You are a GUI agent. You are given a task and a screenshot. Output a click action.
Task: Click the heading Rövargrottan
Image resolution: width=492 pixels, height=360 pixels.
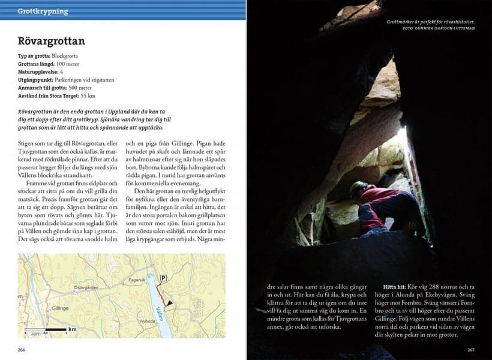51,41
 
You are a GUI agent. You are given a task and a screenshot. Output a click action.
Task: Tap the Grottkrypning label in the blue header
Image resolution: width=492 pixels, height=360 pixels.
43,11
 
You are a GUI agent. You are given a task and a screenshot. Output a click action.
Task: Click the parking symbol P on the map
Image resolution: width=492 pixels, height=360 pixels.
163,278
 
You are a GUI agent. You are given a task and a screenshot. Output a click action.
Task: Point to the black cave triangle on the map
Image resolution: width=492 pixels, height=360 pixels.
169,304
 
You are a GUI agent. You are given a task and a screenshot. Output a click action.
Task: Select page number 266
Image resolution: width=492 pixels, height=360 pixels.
22,350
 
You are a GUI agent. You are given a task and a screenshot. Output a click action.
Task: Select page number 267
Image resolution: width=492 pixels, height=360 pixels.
470,350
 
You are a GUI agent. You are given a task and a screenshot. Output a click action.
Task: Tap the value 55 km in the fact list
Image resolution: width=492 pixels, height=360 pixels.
88,95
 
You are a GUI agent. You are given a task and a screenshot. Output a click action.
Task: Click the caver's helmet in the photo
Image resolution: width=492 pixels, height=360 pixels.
359,187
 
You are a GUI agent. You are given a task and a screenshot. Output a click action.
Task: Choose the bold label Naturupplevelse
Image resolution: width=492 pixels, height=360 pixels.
37,71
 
